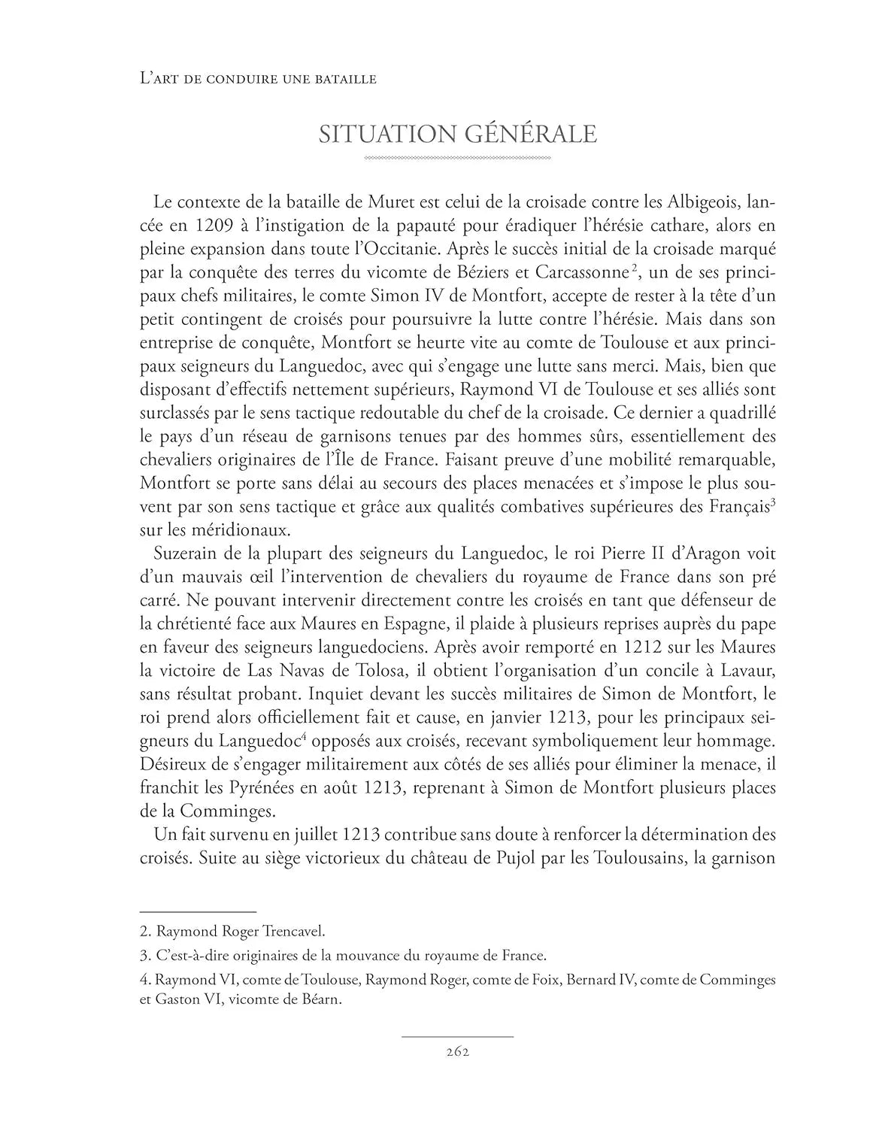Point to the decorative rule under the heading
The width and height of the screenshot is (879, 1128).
point(457,159)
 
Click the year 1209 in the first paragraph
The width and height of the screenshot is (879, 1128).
point(214,226)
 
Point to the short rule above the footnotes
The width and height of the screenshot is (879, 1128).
point(199,911)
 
